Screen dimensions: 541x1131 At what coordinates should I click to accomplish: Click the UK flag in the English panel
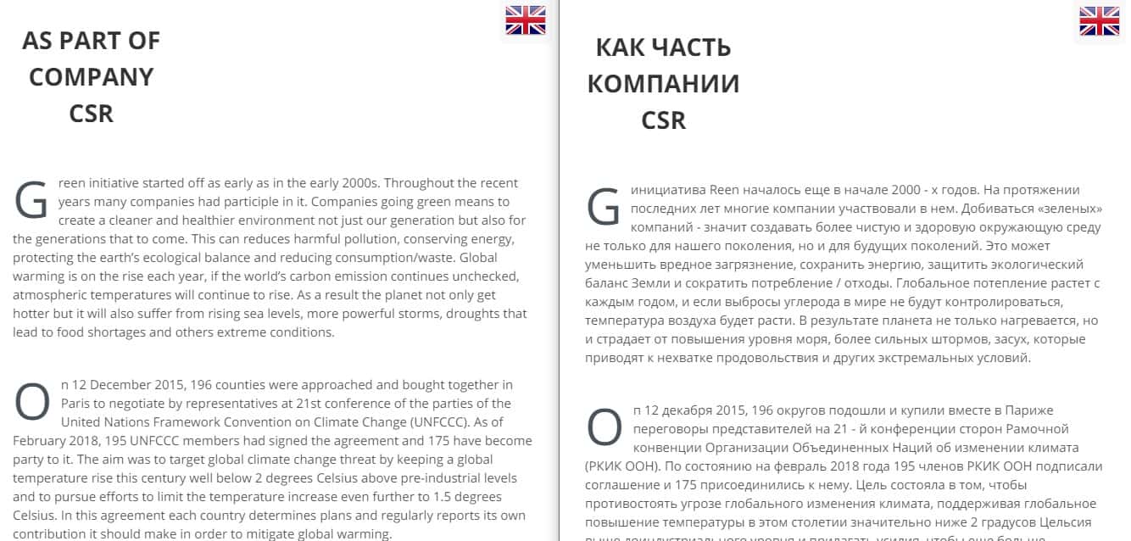526,20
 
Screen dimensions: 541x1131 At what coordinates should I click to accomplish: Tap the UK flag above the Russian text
1099,21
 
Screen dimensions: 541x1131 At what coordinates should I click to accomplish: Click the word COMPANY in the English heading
92,77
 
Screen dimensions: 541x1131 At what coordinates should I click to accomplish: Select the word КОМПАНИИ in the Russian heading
663,84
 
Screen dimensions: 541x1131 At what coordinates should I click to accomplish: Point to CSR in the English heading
92,114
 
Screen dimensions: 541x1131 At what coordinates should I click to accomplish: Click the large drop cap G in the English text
32,199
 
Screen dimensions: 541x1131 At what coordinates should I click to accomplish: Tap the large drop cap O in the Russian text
604,427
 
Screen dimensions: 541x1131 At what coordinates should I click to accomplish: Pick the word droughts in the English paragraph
472,314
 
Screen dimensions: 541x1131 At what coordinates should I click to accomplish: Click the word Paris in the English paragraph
77,404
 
